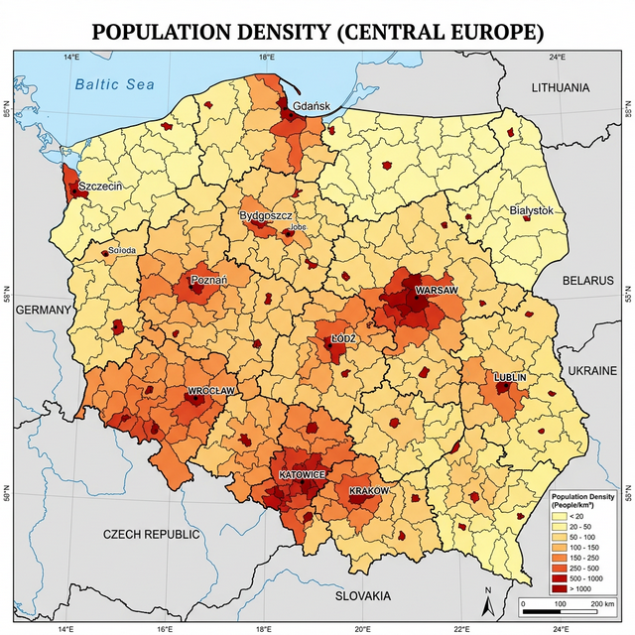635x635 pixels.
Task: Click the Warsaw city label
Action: (x=437, y=290)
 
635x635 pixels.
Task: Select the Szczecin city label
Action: (x=100, y=186)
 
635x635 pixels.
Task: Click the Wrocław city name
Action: (x=211, y=391)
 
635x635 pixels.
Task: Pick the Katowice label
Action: (x=302, y=475)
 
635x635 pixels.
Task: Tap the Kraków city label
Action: (x=370, y=491)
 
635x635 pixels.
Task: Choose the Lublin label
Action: (x=510, y=378)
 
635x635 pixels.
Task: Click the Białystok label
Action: (x=531, y=211)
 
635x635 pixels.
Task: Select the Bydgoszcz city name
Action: (x=264, y=215)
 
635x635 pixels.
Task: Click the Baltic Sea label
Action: (x=115, y=84)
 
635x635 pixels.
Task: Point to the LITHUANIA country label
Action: (x=561, y=88)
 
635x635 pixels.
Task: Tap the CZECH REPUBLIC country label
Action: (x=152, y=534)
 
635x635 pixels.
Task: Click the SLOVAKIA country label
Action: (x=363, y=595)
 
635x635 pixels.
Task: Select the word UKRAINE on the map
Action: (x=593, y=369)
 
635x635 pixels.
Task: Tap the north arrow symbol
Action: (x=487, y=601)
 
